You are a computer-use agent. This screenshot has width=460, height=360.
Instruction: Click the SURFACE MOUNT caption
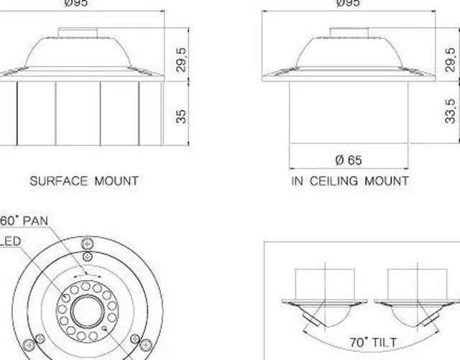coord(83,181)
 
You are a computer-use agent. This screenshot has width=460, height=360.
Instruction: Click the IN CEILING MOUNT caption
coord(350,181)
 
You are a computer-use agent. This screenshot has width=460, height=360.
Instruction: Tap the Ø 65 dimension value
coord(349,160)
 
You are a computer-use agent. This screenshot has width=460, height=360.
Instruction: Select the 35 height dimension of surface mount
coord(181,115)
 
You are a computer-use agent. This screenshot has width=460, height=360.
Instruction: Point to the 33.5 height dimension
coord(451,111)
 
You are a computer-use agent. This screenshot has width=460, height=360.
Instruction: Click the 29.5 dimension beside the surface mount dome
coord(181,60)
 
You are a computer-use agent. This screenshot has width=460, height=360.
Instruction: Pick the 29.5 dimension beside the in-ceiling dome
coord(451,60)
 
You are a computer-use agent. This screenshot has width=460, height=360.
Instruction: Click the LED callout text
coord(10,241)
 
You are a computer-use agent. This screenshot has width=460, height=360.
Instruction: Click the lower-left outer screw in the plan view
coord(29,341)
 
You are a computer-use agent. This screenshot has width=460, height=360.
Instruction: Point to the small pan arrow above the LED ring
coord(86,274)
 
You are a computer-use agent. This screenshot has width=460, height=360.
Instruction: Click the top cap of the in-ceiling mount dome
coord(349,31)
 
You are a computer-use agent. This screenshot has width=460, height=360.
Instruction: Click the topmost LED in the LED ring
coord(86,285)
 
